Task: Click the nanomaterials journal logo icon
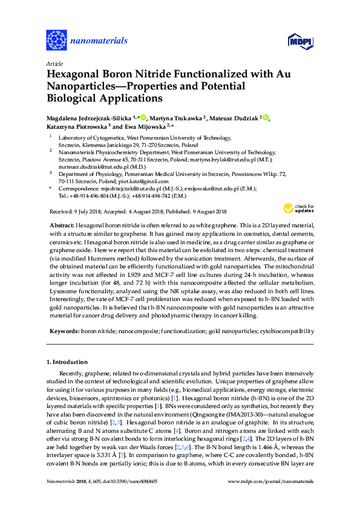56,41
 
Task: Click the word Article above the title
54,63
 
